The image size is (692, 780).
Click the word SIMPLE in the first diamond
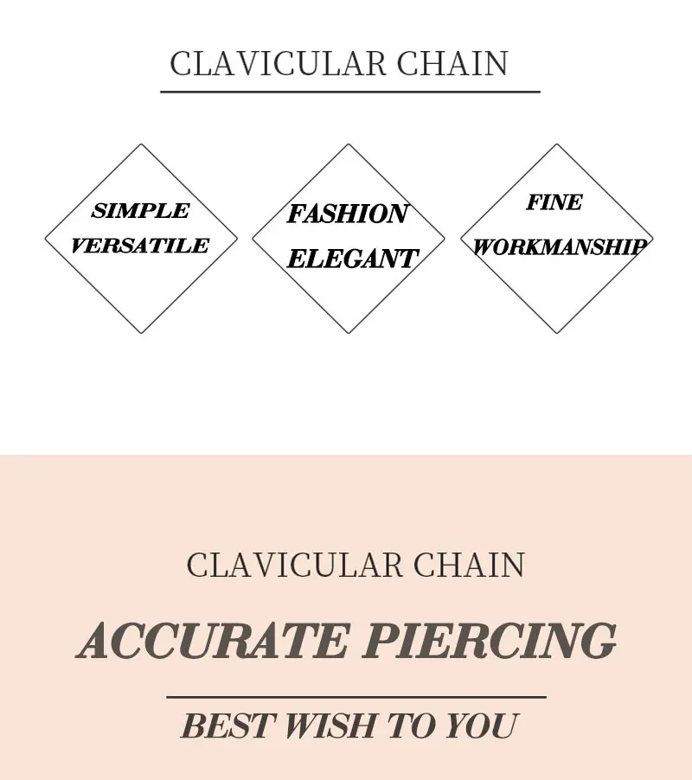point(140,211)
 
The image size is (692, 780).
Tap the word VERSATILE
point(139,246)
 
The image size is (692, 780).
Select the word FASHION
point(347,214)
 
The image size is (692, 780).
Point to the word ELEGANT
point(352,259)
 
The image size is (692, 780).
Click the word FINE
point(554,202)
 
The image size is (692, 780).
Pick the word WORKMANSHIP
point(559,247)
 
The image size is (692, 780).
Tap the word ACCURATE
point(213,641)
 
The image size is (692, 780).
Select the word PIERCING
point(490,641)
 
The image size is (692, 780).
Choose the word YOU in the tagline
point(482,726)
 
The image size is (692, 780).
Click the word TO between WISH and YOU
point(410,726)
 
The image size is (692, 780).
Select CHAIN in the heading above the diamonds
point(452,64)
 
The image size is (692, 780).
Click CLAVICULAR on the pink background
point(294,566)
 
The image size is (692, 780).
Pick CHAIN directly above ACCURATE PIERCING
point(469,566)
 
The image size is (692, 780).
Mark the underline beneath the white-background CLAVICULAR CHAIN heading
point(349,91)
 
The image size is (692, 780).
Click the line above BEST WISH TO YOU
point(356,696)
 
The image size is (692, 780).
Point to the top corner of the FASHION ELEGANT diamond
point(349,144)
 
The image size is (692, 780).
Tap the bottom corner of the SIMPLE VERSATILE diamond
point(141,333)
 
